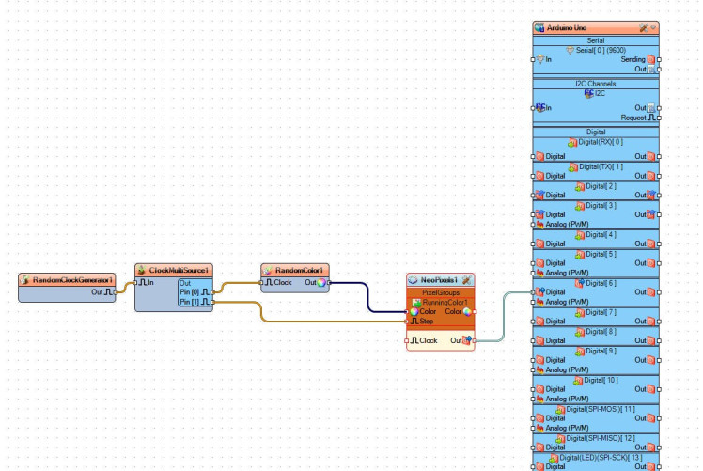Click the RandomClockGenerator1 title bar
71,280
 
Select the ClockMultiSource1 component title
178,270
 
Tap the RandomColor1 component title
299,271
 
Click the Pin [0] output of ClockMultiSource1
195,292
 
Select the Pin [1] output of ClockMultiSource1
195,303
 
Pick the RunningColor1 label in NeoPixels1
445,302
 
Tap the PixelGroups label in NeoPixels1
440,292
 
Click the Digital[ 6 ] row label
601,282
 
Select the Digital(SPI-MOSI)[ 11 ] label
601,409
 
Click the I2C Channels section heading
596,84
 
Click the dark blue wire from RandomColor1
367,296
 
